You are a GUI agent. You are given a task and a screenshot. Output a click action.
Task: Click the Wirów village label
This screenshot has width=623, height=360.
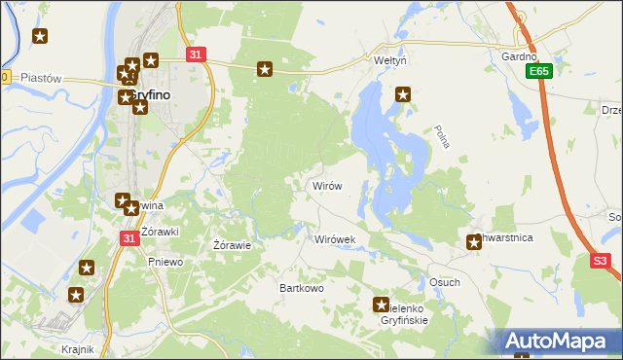pos(326,185)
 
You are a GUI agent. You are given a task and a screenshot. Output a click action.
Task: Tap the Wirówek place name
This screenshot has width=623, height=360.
pos(336,238)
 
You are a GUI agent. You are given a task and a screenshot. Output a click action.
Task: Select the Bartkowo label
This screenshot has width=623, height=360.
pos(301,288)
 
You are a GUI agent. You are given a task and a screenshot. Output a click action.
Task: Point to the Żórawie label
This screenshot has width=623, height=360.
pos(233,245)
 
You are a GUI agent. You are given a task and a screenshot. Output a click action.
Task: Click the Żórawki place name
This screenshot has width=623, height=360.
pos(160,232)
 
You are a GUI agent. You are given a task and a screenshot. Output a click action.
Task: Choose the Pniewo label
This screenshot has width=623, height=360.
pos(164,261)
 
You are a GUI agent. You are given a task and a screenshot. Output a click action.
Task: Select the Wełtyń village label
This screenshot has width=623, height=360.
pos(389,60)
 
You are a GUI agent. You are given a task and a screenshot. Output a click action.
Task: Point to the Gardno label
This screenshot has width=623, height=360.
pos(519,57)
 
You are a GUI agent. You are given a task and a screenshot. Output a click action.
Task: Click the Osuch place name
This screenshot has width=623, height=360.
pos(444,282)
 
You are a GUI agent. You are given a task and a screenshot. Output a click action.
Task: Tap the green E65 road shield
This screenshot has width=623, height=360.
pos(538,72)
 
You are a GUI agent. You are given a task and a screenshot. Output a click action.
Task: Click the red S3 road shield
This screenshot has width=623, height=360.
pos(602,261)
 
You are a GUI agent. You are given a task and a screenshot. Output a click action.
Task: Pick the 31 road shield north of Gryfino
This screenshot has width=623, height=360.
pos(197,55)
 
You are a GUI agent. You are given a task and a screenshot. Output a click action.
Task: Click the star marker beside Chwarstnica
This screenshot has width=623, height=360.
pos(474,242)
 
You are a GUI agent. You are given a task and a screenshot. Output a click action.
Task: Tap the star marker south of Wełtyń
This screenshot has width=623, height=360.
pos(403,94)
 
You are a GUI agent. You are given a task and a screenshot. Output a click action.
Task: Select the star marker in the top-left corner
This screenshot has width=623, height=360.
pos(40,37)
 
